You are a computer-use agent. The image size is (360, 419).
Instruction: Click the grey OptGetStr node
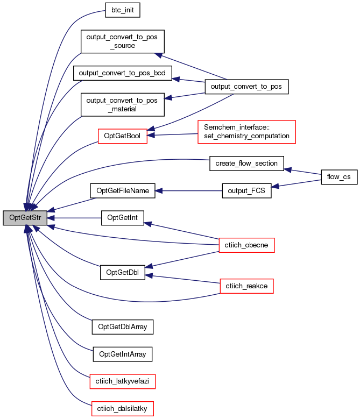25,218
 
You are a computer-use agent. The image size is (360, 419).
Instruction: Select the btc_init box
122,10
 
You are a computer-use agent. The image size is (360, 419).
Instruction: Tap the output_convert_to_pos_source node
122,41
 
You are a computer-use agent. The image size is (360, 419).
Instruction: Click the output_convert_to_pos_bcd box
122,73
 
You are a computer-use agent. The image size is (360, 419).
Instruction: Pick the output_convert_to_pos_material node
122,104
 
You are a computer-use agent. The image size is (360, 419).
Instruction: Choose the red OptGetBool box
122,136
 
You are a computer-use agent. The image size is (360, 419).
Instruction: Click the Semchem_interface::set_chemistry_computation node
246,132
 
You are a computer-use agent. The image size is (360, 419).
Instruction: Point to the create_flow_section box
246,164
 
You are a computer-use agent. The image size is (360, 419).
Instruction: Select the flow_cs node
339,177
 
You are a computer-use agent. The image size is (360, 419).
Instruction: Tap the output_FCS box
246,191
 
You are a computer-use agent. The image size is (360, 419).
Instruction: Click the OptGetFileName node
122,191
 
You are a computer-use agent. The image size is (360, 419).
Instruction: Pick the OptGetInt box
122,218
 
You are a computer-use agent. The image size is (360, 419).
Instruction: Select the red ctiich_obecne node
246,245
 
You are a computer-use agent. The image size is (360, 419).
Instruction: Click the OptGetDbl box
122,273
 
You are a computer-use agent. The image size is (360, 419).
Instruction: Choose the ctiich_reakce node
246,286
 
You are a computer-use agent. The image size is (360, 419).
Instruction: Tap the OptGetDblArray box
122,327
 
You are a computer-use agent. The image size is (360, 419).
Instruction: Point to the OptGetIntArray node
122,354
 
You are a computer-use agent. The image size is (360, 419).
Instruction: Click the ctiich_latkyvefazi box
122,381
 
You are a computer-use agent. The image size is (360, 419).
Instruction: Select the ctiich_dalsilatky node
122,409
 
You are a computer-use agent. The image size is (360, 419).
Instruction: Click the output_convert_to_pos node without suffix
246,87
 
